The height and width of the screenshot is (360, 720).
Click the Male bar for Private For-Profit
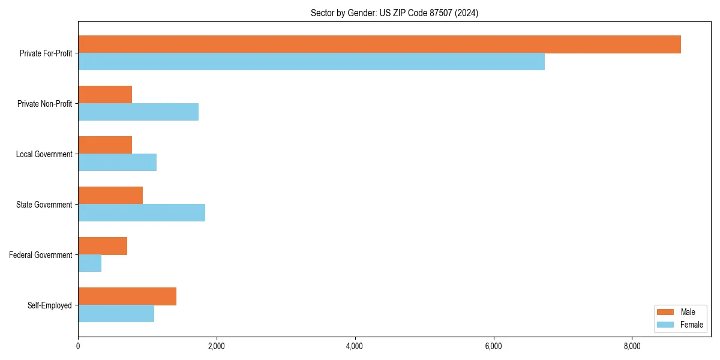(379, 44)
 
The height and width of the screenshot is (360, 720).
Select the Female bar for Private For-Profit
(311, 62)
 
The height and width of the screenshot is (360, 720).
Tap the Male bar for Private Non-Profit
(105, 95)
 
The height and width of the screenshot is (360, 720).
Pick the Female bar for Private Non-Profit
(138, 112)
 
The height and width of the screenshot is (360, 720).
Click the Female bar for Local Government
(117, 163)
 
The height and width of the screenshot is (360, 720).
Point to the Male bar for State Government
(110, 196)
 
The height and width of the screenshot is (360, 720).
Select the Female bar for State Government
(142, 213)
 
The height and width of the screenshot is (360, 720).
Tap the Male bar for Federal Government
(103, 246)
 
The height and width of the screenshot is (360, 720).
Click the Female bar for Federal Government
(89, 263)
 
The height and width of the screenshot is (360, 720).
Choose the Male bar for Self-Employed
(127, 296)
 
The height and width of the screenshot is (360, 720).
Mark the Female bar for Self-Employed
(116, 314)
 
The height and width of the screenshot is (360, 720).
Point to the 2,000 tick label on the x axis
(216, 346)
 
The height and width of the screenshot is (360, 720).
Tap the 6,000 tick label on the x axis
(493, 346)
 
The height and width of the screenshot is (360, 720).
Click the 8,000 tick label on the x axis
(632, 346)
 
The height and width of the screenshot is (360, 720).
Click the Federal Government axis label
(41, 255)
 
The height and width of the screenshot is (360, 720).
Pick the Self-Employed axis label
(50, 305)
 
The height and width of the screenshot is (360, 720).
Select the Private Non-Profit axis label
(44, 104)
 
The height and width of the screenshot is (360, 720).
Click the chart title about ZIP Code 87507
(394, 13)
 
